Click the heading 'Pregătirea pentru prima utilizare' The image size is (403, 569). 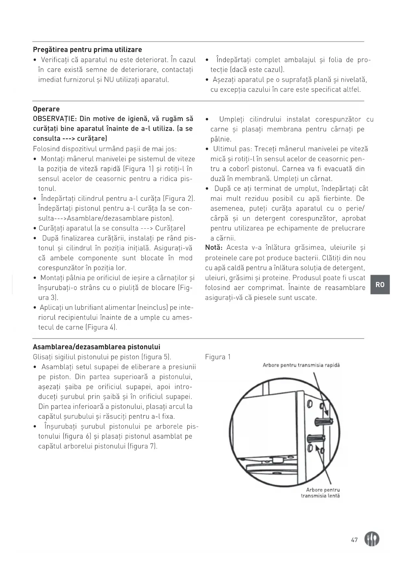(87, 50)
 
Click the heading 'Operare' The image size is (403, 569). (46, 109)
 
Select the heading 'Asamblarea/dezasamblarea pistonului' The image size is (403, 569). (96, 347)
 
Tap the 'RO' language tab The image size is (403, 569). (380, 284)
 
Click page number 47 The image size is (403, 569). (354, 540)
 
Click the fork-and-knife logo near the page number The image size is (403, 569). (372, 539)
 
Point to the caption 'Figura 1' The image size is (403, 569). (218, 357)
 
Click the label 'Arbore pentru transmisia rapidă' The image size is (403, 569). (301, 365)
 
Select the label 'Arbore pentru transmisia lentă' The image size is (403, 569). (321, 493)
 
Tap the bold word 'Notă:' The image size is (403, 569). (214, 248)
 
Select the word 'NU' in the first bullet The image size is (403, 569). (108, 79)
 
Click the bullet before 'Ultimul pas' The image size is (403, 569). (207, 149)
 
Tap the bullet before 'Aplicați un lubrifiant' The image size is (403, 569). (35, 308)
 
